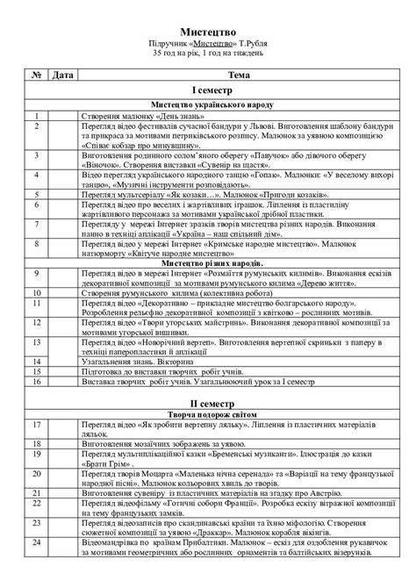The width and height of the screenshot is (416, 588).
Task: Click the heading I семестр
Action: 207,90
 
